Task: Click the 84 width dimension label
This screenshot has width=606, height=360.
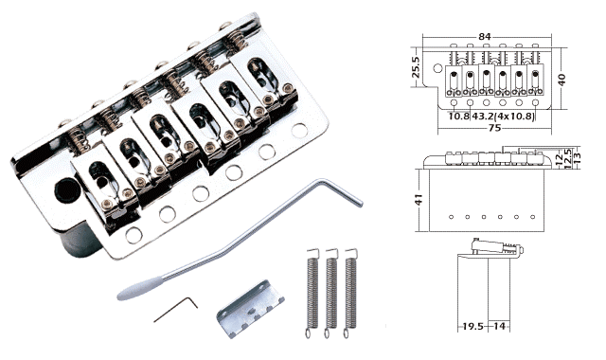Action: pos(484,36)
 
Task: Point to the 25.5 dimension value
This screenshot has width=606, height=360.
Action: pos(416,67)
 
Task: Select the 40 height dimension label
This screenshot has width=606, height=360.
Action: pos(561,80)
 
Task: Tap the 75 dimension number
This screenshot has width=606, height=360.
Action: pos(494,128)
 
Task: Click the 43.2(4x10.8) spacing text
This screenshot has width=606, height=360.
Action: pos(503,116)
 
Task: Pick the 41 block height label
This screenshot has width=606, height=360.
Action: pos(419,200)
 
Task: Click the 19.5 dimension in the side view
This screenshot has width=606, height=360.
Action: pos(473,326)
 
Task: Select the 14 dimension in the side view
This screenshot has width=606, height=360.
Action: pos(499,326)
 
